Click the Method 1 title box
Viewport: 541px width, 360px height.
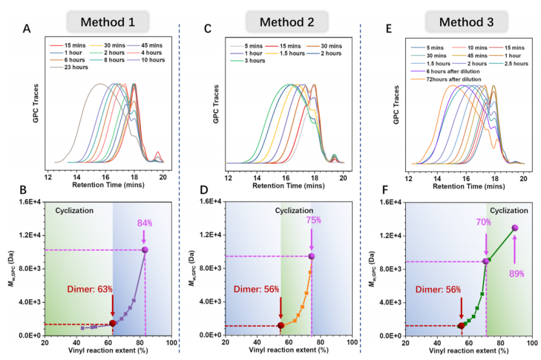(x=108, y=22)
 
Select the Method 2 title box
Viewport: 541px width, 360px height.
(x=286, y=22)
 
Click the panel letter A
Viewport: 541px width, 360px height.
(x=27, y=28)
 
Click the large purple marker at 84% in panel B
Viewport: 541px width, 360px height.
(x=145, y=249)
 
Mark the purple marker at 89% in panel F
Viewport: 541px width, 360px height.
(x=515, y=228)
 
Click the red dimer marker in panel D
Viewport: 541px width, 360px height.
(x=281, y=325)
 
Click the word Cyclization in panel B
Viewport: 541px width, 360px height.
(x=75, y=211)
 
